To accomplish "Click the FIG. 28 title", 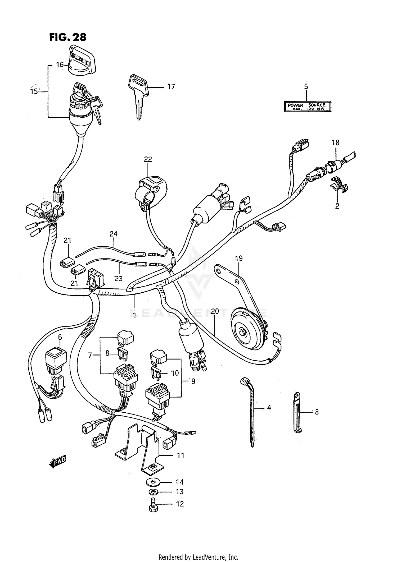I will (68, 37).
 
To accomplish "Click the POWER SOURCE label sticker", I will (307, 107).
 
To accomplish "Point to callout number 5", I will (306, 87).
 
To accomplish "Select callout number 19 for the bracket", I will (239, 258).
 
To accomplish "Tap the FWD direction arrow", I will (57, 462).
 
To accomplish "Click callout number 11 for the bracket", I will (181, 455).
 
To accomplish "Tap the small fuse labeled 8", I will (122, 353).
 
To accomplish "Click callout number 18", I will (335, 143).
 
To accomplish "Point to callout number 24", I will (114, 234).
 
